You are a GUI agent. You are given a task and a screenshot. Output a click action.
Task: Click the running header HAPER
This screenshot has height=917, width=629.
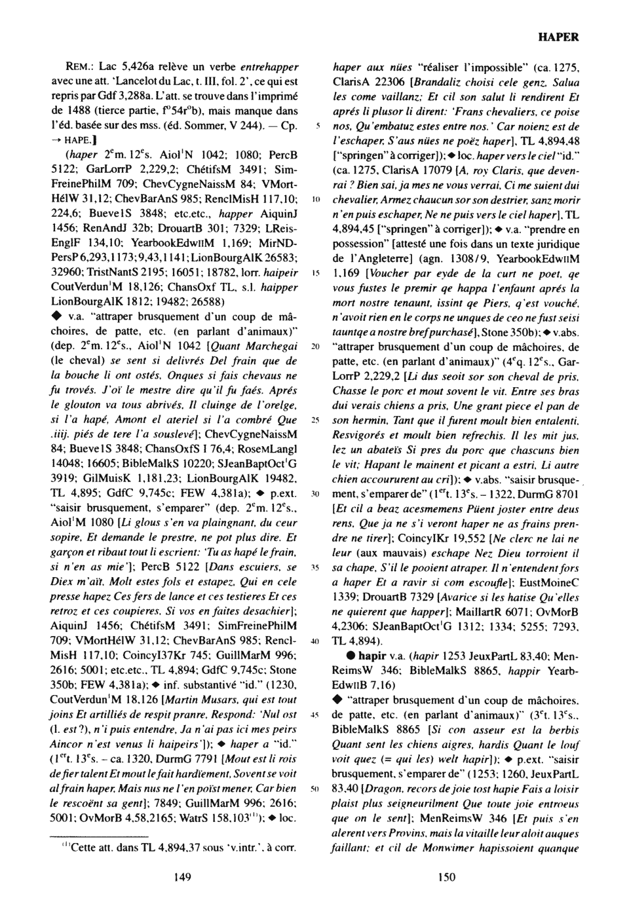tap(558, 37)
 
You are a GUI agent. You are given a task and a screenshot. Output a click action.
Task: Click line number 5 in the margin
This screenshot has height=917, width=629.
tap(316, 125)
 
